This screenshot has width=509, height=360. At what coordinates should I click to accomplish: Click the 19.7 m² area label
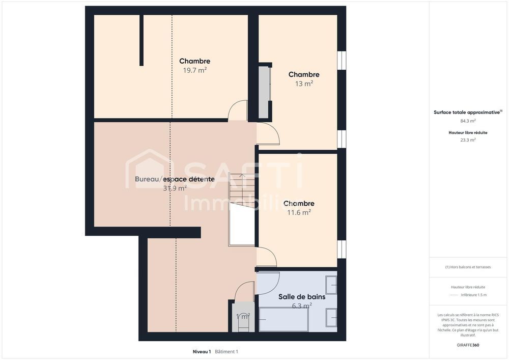point(194,70)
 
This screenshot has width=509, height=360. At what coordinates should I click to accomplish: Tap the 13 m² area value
point(304,84)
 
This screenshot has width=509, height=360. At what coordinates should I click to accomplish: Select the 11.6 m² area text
point(299,212)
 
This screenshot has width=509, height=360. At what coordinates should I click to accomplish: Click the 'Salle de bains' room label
point(301,297)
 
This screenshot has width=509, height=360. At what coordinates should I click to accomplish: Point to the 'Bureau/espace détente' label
point(174,179)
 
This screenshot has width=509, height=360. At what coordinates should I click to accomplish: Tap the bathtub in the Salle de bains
point(283,319)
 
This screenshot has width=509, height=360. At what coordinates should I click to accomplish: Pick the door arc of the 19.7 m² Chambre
point(237,111)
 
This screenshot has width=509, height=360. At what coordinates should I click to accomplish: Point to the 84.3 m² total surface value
point(468,121)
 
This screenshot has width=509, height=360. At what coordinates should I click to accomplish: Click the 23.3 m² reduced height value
point(468,140)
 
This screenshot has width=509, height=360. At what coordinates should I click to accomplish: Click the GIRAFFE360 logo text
point(468,345)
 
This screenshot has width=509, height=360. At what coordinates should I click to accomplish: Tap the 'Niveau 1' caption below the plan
point(202,351)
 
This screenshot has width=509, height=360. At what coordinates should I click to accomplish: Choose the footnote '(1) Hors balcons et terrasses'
point(468,267)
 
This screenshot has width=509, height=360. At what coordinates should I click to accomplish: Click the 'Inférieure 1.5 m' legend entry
point(473,295)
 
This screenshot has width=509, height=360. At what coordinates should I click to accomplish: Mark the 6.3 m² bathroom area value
point(301,306)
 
